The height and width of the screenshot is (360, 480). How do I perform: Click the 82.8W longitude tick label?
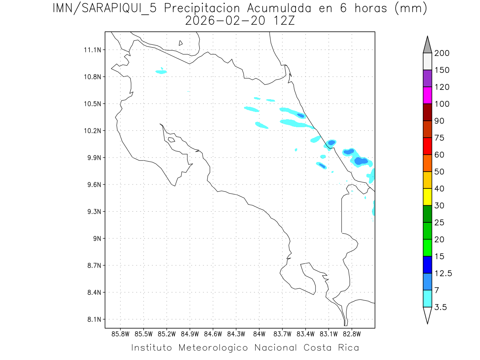click(352, 334)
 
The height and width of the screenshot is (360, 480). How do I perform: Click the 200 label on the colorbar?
click(442, 53)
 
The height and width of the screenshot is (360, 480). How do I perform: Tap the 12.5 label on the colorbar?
click(443, 274)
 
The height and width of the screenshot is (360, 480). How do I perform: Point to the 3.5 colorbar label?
click(441, 307)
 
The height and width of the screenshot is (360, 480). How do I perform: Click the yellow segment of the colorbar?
click(427, 197)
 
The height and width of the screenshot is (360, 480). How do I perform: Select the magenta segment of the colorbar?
click(427, 95)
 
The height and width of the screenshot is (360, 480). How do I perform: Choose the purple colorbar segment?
click(427, 78)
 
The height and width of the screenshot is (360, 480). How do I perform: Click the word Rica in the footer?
click(348, 348)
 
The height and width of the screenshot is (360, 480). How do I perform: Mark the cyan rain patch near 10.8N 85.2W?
click(161, 72)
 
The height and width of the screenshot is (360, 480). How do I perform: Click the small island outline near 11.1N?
click(181, 43)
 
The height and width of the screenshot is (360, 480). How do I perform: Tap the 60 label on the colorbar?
click(439, 155)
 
